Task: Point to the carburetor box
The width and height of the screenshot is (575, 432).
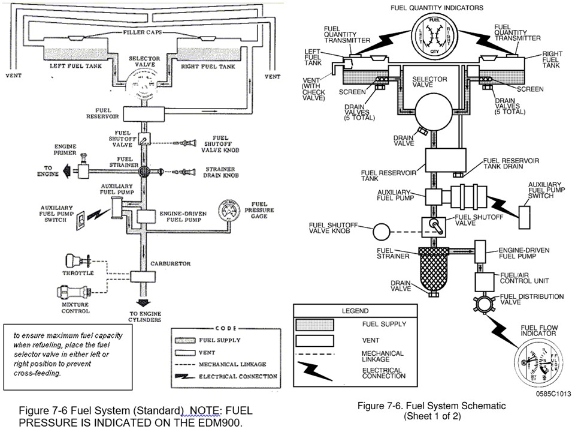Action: coord(143,277)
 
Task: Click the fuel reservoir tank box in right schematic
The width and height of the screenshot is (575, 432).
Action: coord(446,161)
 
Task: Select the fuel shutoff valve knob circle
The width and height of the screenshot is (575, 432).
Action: coord(381,231)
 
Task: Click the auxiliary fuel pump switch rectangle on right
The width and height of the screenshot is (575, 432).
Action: coord(527,214)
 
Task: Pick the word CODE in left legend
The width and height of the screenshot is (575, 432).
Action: coord(225,328)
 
